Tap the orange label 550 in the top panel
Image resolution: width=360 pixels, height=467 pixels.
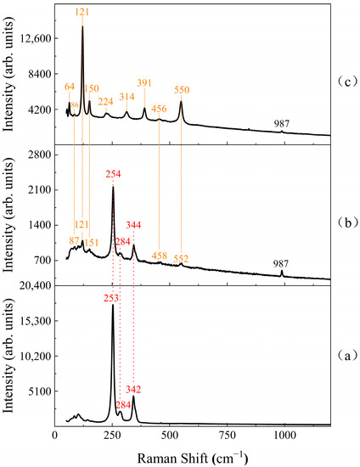point(182,89)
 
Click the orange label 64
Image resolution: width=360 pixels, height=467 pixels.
point(70,87)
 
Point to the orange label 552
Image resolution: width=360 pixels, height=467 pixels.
point(182,258)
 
